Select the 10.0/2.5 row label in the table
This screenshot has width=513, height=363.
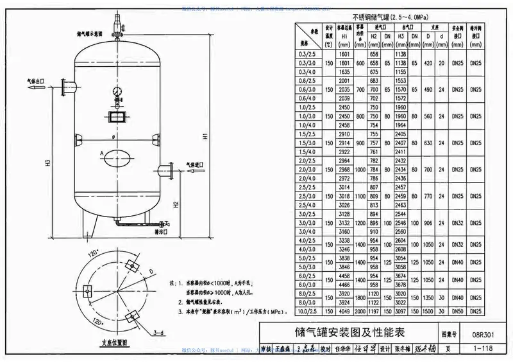(307, 311)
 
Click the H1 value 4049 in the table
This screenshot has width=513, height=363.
(345, 311)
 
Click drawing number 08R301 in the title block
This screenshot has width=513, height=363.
(485, 334)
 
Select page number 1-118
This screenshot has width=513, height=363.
(485, 347)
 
